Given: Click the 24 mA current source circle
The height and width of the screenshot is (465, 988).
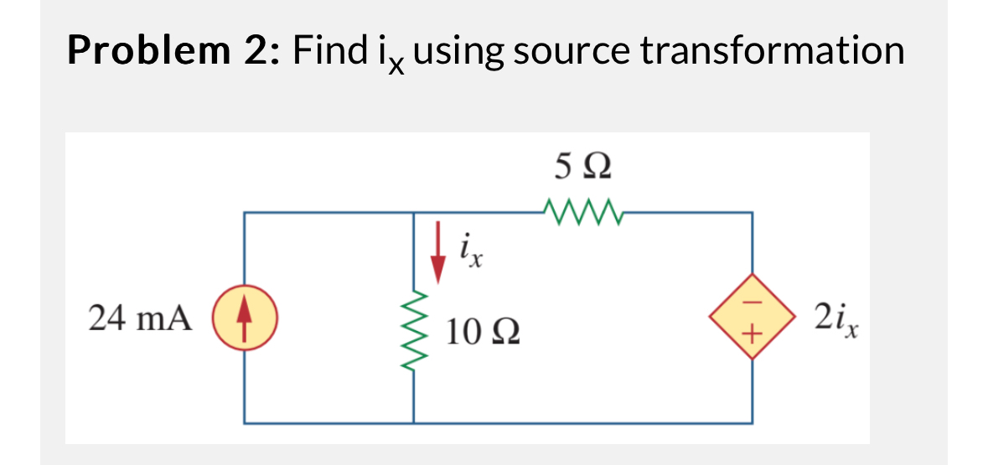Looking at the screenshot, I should [245, 319].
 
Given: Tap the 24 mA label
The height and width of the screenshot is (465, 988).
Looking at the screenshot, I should [139, 319].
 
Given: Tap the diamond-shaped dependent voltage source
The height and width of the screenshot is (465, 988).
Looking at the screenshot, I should [751, 318].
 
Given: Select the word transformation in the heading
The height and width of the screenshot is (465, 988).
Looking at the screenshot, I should [772, 52].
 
